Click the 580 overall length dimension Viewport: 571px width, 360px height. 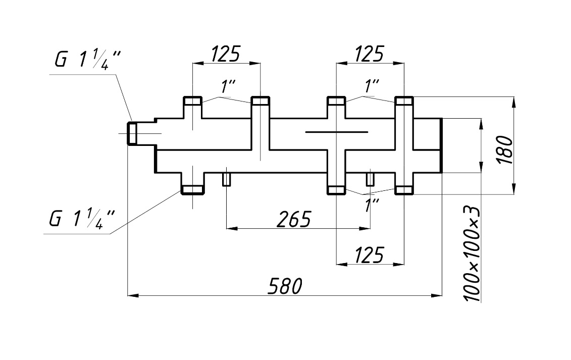285,286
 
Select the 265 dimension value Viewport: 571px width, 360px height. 293,219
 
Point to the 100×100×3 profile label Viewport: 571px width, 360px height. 473,254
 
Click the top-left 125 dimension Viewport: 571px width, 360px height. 226,54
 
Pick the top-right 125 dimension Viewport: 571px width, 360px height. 369,54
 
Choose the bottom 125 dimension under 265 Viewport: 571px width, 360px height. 369,254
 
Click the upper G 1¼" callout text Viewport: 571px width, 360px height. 87,60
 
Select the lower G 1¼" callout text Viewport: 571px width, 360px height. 82,218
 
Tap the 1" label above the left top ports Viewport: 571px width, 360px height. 228,86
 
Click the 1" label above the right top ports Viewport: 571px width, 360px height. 372,86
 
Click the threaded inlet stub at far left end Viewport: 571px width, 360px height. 132,133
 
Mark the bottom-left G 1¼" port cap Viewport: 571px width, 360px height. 192,190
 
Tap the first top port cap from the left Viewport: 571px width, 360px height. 192,100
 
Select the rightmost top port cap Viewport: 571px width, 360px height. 404,100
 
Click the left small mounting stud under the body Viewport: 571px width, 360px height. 227,179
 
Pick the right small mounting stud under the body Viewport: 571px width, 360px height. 371,179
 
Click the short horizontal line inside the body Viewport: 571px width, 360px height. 336,132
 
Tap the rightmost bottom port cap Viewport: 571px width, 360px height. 404,190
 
